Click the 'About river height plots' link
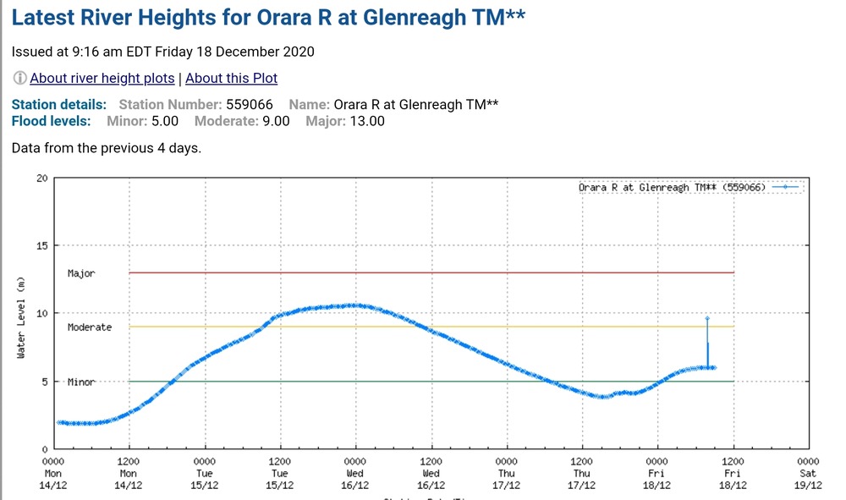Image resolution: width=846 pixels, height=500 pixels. [102, 78]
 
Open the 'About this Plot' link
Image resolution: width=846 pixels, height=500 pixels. [231, 78]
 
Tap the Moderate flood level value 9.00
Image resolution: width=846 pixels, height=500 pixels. [273, 121]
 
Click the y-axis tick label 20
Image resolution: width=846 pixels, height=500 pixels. [41, 179]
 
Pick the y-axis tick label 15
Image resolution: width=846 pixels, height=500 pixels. [41, 246]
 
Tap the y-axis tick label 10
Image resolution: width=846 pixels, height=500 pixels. [41, 314]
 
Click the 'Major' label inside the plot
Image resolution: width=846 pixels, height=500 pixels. [81, 273]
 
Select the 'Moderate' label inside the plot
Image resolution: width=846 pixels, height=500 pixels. [90, 327]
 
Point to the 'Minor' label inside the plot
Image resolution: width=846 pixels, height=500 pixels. [81, 382]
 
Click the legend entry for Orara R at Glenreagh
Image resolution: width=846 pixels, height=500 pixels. [672, 187]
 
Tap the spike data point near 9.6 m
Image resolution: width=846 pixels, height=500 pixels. [707, 318]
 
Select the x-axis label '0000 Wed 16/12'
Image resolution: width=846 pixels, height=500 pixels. [355, 474]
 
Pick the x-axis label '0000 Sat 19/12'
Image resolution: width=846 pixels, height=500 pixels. [808, 474]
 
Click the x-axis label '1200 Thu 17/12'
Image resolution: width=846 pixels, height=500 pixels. [582, 474]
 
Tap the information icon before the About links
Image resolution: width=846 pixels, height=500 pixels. [19, 78]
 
